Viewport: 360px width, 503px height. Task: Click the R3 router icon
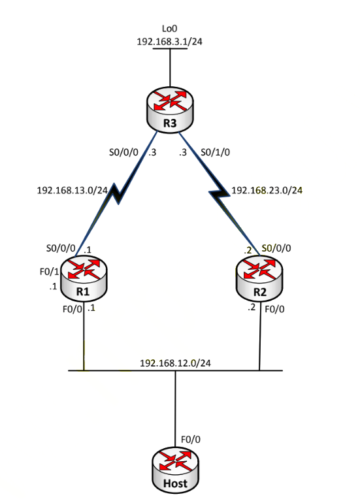click(x=170, y=110)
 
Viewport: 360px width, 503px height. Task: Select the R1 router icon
click(x=84, y=279)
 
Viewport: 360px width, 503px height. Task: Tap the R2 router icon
click(x=259, y=279)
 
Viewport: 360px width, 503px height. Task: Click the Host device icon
click(x=175, y=470)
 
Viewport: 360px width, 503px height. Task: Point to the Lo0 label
click(x=169, y=29)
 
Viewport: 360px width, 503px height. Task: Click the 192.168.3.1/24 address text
click(x=169, y=42)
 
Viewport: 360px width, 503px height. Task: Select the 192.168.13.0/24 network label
click(x=72, y=190)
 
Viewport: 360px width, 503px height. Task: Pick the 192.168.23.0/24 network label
click(x=267, y=190)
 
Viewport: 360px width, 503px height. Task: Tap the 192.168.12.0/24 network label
click(x=176, y=363)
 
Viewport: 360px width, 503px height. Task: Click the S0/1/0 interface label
click(x=216, y=152)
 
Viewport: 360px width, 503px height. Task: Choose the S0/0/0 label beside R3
click(x=123, y=152)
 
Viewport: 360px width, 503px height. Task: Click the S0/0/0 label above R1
click(x=61, y=248)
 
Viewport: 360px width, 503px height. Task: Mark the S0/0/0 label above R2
click(x=276, y=248)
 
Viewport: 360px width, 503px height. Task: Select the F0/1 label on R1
click(x=50, y=272)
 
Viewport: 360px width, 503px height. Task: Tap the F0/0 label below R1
click(x=73, y=309)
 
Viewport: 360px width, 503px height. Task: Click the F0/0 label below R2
click(x=274, y=309)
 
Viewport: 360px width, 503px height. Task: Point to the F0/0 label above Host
click(x=191, y=440)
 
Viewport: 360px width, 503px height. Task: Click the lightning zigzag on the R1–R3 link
click(x=116, y=193)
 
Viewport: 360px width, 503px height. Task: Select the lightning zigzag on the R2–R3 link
click(x=220, y=193)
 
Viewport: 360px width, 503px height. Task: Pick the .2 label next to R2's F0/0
click(x=252, y=307)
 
